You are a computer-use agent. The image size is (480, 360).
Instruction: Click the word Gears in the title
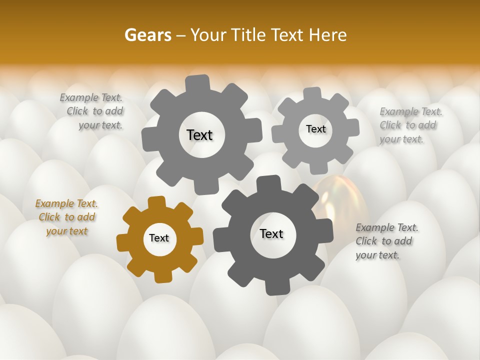pos(147,35)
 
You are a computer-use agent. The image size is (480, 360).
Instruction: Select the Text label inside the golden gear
pos(159,238)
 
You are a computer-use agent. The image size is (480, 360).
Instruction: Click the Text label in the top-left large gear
pos(199,135)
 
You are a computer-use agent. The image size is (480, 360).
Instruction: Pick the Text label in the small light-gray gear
pos(315,129)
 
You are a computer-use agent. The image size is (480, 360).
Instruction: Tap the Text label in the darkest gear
pos(271,234)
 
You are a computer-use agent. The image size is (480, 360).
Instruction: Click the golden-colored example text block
pos(66,217)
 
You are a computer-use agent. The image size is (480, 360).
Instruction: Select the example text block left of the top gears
pos(92,111)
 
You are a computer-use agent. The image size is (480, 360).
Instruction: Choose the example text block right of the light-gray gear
pos(409,125)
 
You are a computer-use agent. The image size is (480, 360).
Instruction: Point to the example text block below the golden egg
pos(386,241)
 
